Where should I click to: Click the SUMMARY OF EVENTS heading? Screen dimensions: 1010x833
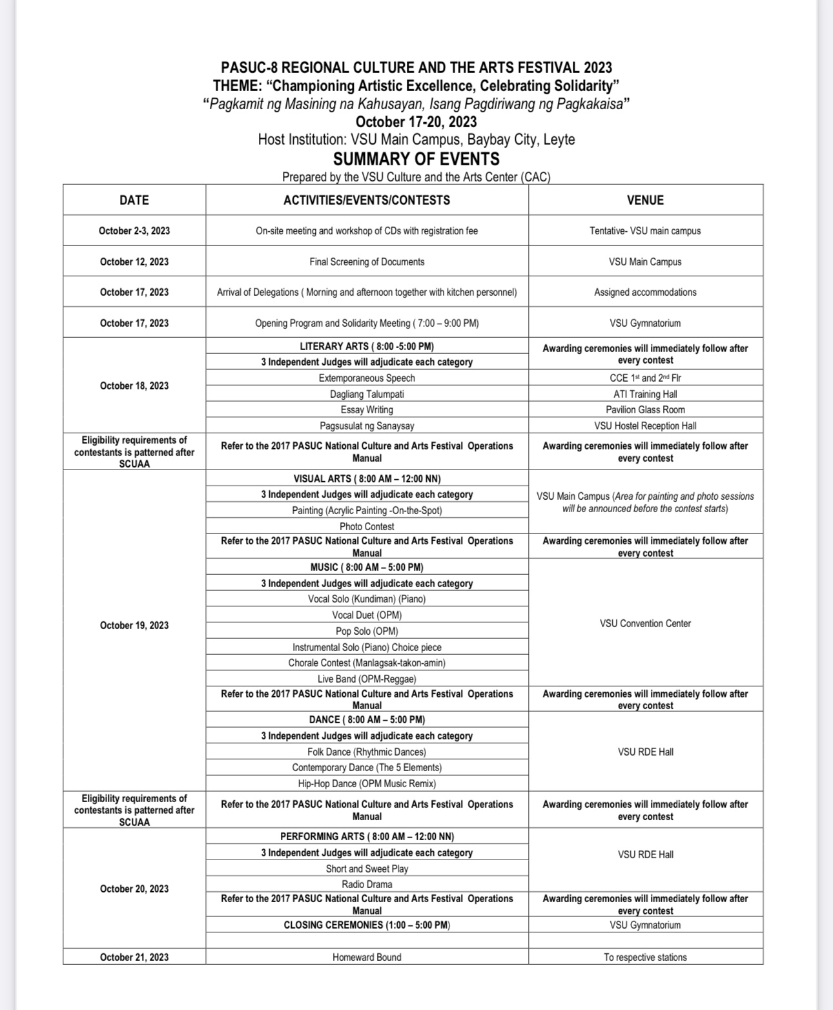[416, 159]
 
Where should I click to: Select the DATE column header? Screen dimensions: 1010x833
[134, 200]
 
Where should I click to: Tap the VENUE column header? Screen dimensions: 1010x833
[645, 200]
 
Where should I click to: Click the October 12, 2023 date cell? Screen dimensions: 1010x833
[134, 262]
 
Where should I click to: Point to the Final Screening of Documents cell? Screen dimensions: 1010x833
[367, 262]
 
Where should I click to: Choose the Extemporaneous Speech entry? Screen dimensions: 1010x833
[367, 378]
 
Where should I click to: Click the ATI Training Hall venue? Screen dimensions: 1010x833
[645, 394]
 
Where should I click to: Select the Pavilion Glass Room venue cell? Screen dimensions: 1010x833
[645, 409]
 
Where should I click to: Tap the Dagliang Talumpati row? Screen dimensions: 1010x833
[367, 394]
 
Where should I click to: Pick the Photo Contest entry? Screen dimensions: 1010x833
[367, 526]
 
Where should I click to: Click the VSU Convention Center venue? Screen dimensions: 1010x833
[645, 623]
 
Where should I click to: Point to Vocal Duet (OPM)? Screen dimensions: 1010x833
[367, 615]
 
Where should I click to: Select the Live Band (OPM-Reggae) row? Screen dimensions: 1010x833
[367, 679]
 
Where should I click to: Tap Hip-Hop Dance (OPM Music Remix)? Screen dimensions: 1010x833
[367, 783]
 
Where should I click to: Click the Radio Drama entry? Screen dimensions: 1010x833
[367, 884]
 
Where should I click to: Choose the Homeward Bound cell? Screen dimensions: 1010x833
[367, 957]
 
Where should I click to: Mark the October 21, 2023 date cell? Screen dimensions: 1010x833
[134, 957]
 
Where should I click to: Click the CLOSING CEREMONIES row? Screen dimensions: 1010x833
[367, 925]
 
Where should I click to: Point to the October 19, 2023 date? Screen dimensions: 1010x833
[134, 625]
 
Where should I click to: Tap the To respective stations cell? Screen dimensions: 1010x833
[645, 957]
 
